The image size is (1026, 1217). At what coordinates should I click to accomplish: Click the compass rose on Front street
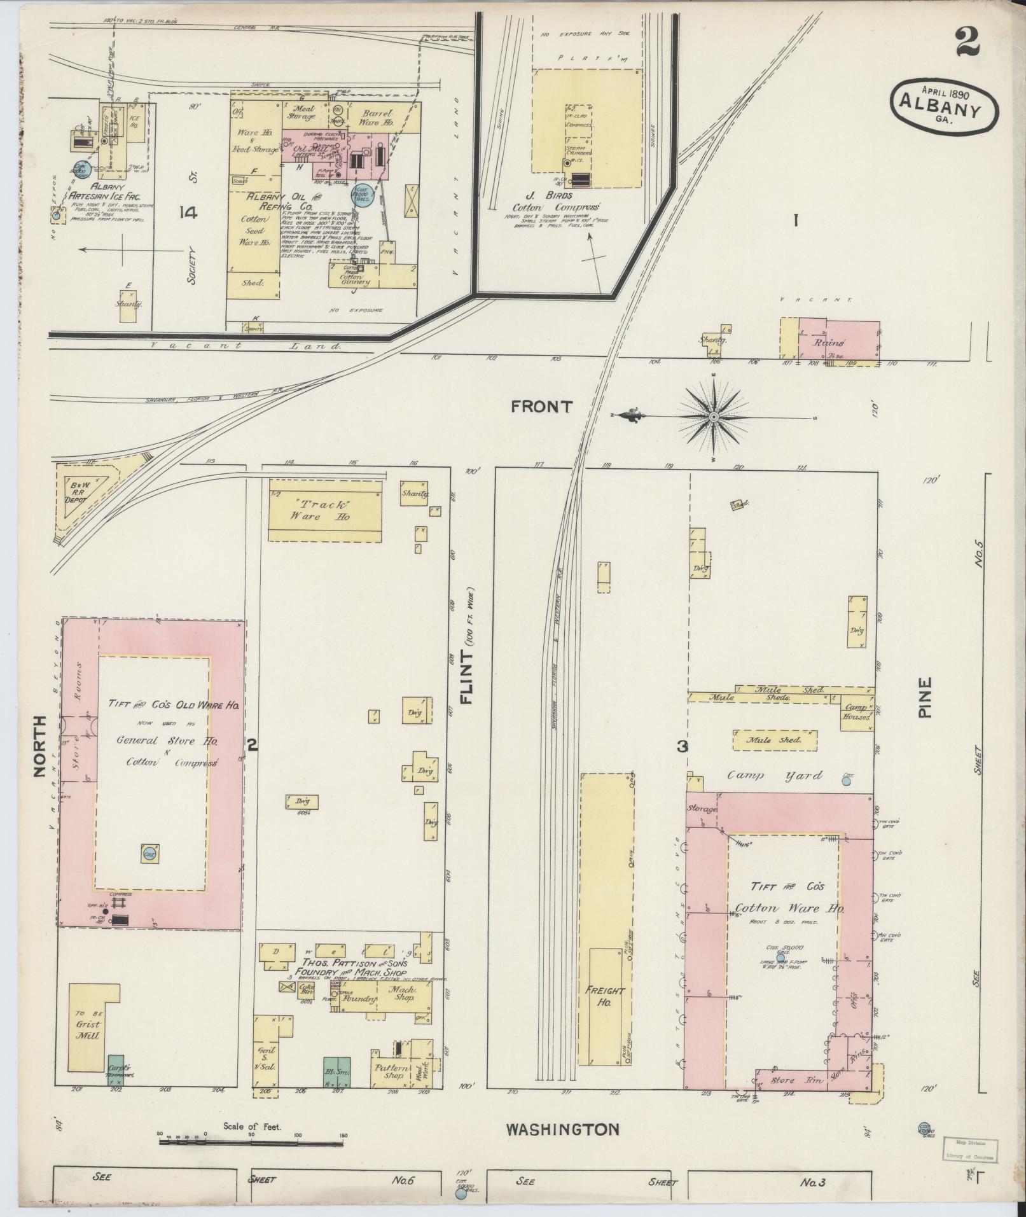coord(713,417)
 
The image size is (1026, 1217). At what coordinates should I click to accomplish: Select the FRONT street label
coord(541,407)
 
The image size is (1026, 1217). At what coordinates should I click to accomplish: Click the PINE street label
coord(924,697)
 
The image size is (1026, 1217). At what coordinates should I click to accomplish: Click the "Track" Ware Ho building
coord(325,510)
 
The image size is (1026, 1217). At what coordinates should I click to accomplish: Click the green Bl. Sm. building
coord(337,1072)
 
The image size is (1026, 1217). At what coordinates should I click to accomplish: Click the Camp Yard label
coord(775,775)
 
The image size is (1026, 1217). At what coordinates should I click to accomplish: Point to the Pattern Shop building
coord(390,1070)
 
